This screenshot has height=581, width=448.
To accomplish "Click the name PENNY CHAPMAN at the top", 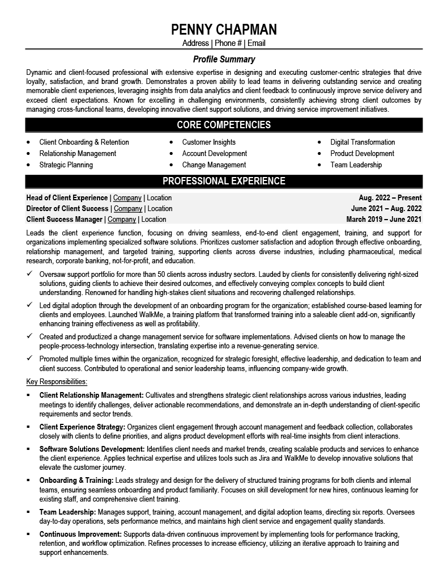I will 224,30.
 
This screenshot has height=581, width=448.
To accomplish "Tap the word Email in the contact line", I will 255,43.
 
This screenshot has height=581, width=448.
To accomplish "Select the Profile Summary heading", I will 224,59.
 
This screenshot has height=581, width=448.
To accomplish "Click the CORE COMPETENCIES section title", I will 224,125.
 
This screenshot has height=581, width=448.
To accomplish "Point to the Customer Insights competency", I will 208,142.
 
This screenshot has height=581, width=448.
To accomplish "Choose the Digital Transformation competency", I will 362,142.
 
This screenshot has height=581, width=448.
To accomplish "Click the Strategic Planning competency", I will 66,165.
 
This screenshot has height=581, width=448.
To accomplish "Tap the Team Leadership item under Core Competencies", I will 356,165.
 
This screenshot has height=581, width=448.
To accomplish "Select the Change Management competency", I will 214,165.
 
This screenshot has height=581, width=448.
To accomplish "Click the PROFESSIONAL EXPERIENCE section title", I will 224,182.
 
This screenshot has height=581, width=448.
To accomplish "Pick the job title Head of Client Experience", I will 67,198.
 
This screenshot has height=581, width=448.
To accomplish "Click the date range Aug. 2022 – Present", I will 390,198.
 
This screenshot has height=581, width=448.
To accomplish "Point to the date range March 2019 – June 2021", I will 383,220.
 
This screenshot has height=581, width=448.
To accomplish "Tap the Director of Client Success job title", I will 67,209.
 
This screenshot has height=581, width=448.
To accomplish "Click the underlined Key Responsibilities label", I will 57,381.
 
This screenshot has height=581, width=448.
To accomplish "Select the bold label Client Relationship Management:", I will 91,395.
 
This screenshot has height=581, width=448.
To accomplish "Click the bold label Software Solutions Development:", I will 92,449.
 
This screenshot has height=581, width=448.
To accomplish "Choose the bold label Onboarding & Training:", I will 76,481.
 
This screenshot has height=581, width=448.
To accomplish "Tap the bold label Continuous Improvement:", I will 80,534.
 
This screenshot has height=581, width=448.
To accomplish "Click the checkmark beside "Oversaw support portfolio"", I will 29,273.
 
